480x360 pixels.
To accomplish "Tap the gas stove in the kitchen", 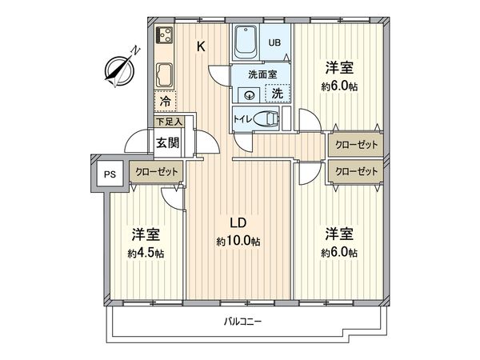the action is click(x=164, y=35).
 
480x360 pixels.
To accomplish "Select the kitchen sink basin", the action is click(x=165, y=75).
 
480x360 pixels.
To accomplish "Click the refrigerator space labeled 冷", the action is click(x=166, y=101).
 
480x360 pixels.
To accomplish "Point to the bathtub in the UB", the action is click(x=246, y=42).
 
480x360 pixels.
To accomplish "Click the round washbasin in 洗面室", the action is click(x=250, y=95).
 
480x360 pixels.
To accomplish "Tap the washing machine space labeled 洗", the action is click(x=278, y=94).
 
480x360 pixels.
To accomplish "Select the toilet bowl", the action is click(x=266, y=118).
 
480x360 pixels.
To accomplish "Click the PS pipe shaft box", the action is click(x=110, y=174).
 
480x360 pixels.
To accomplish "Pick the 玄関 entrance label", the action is click(x=167, y=142).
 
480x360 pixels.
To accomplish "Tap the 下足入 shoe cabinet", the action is click(x=169, y=122).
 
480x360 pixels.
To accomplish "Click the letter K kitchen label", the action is click(x=201, y=47).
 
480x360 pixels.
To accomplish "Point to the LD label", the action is click(x=238, y=223).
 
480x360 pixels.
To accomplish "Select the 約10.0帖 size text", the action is click(x=238, y=242).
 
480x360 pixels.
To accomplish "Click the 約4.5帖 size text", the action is click(x=146, y=253).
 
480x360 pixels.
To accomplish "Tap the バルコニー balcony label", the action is click(x=242, y=322).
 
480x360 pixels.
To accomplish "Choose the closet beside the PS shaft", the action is click(x=157, y=172).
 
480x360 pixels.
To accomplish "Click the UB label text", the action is click(x=274, y=42).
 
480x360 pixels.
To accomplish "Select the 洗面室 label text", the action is click(x=262, y=74).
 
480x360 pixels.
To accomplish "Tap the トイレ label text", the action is click(x=242, y=118).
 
